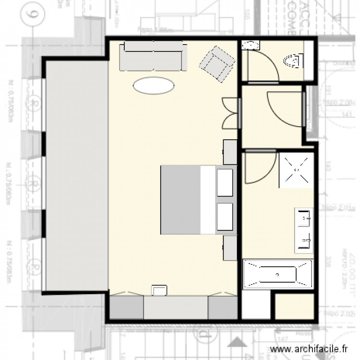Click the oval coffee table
tap(154, 85)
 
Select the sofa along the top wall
tap(153, 57)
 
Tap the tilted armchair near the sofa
tap(217, 64)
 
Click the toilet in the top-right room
tap(294, 61)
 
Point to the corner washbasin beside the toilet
tap(250, 46)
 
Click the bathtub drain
tap(276, 274)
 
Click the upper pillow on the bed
tap(225, 181)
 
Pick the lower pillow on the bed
tap(225, 216)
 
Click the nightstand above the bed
tap(230, 152)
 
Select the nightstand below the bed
tap(230, 248)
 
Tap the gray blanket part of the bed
tap(180, 200)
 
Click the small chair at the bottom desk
tap(159, 290)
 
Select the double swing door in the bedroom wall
tap(231, 113)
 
